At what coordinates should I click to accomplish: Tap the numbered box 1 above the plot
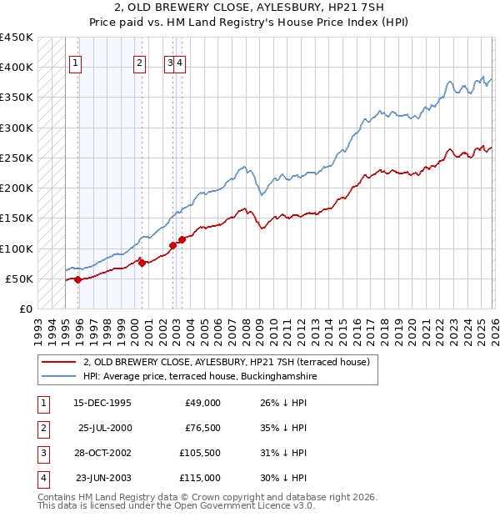click(75, 61)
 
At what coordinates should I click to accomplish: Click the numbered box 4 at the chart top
click(180, 61)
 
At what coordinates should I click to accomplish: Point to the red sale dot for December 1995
click(78, 279)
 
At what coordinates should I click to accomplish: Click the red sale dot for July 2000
click(142, 263)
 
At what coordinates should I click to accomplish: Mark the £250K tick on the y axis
click(17, 158)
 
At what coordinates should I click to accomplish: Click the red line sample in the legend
click(58, 362)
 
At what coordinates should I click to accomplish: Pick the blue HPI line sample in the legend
click(58, 376)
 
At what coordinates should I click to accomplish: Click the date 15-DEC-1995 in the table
click(102, 403)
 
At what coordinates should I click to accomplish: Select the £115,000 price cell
click(201, 478)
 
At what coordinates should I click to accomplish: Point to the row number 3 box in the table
click(42, 453)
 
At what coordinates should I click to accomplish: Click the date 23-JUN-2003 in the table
click(103, 478)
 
